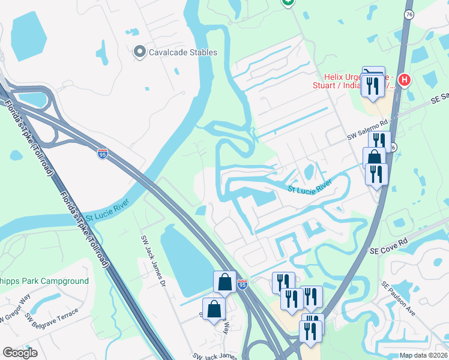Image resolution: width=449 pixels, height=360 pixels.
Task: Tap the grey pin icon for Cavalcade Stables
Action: tap(140, 52)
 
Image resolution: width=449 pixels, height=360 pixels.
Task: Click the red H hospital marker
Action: tap(405, 80)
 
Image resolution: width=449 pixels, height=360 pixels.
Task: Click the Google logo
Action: tap(20, 352)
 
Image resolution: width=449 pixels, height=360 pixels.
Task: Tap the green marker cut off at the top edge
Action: tap(288, 2)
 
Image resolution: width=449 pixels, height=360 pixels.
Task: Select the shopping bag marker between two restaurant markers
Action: tap(374, 158)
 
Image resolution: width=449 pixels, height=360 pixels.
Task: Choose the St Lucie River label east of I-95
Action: tap(310, 190)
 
